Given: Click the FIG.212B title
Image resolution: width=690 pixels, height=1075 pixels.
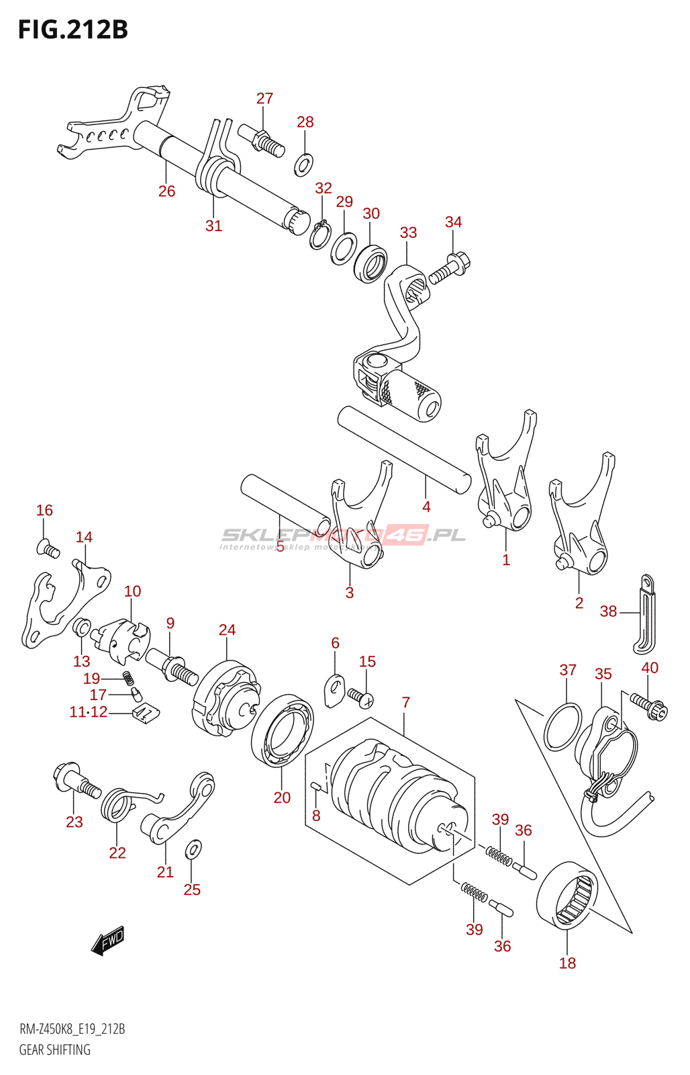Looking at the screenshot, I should point(72,30).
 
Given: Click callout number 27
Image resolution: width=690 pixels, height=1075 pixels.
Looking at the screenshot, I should point(264,99).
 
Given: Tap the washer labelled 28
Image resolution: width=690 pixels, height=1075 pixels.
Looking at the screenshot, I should point(303,164).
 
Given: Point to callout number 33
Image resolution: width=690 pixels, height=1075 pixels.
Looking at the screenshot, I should point(408,232).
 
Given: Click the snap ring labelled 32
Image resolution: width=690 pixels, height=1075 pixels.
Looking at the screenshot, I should point(319,234).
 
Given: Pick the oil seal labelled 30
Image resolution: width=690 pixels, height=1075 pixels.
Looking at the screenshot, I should point(371,263).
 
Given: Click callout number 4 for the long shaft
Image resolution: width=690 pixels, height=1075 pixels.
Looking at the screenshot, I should point(426,507).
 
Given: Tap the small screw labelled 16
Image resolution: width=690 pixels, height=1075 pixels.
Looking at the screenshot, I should point(48,549).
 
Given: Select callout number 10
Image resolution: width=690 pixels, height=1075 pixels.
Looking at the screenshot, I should point(132,591).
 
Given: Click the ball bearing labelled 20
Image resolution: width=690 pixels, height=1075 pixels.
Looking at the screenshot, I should point(283,731).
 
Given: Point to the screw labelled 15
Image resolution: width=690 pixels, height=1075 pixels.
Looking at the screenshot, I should point(360,697).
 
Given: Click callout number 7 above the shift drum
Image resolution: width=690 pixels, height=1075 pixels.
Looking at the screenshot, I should point(405,702).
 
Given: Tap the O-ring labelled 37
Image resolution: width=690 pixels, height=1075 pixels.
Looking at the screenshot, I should point(562,728).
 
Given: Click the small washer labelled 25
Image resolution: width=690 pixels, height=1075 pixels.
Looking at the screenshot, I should point(193,850).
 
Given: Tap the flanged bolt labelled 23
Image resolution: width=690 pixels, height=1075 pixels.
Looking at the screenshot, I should point(75,781).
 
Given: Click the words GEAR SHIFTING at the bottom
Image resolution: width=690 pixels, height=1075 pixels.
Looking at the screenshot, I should point(54,1049).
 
